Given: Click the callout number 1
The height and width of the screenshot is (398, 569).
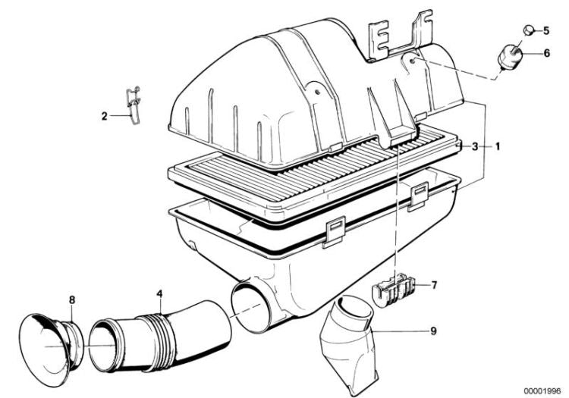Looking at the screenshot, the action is coord(498,147).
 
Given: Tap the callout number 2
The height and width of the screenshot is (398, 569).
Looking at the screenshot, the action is coord(105,116).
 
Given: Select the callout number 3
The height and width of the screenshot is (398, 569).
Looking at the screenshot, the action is coord(475,147).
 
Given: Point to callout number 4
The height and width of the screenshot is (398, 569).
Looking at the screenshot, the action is coord(159,294).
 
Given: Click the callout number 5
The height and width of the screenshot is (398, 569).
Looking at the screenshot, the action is coord(546,31).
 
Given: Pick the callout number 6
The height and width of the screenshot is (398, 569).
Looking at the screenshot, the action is coord(546,53).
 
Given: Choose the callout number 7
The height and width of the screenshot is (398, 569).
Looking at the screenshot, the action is coord(435,285).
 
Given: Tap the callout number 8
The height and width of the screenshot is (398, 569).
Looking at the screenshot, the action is coord(72,299).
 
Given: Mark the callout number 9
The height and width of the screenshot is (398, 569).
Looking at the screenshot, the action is coord(433,331).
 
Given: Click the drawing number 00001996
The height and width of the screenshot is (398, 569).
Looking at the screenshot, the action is coord(542,391).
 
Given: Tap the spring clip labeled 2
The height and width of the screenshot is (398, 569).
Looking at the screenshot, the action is coord(134,105).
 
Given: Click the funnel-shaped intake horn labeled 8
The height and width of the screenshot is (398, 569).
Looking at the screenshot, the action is coord(51,342).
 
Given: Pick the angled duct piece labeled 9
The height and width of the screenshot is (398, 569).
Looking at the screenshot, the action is coord(347,344).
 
